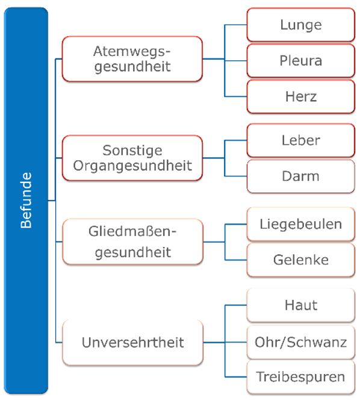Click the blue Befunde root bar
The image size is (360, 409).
[x=26, y=201]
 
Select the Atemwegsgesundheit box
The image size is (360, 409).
[x=132, y=59]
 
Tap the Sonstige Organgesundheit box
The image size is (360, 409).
[x=132, y=158]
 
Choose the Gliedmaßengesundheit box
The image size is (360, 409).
[x=132, y=242]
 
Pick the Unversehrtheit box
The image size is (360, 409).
[x=132, y=343]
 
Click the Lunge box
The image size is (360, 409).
[x=301, y=25]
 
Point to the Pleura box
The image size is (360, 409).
[x=301, y=61]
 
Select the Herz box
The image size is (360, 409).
[x=301, y=96]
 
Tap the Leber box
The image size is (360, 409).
[x=301, y=140]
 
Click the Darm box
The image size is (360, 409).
[x=301, y=176]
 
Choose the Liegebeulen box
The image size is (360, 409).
[x=301, y=224]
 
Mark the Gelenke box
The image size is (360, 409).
[x=301, y=260]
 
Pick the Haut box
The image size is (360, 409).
[x=301, y=305]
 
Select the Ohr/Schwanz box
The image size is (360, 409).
[x=301, y=342]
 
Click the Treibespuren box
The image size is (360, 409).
[x=301, y=377]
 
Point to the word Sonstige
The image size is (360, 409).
[x=132, y=151]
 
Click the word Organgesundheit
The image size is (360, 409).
[x=132, y=166]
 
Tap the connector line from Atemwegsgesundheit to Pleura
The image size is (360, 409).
[x=225, y=60]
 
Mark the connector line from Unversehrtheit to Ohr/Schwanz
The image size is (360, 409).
[x=225, y=343]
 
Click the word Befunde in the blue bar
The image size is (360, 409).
[x=26, y=201]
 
